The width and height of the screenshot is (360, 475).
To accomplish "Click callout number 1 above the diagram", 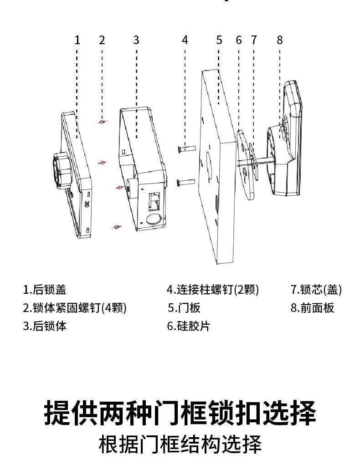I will (x=77, y=40).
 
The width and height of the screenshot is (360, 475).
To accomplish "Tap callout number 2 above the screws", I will (x=102, y=40).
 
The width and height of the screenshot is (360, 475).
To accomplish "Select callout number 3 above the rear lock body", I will (x=136, y=40).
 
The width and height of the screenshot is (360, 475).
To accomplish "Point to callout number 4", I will (x=185, y=40).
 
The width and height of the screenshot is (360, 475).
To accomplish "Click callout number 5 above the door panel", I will (x=219, y=40).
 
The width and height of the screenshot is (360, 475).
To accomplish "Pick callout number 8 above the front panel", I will (x=280, y=40).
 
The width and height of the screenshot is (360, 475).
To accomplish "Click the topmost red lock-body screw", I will (x=103, y=122).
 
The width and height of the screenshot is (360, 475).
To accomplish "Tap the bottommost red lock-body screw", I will (x=117, y=226).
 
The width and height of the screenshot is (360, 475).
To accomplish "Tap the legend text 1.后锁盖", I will (x=45, y=290).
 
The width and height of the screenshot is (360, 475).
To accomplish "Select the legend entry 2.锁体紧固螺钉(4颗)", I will (x=75, y=308).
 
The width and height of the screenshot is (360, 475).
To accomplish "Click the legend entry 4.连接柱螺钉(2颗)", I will (x=212, y=290).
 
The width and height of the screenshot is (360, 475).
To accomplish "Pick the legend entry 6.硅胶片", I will (x=189, y=326).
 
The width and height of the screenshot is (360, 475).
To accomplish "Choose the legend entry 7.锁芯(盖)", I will (x=316, y=290).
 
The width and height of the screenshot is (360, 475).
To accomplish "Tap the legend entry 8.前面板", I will (x=313, y=308).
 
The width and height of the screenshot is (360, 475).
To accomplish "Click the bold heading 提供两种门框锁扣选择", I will (x=180, y=413).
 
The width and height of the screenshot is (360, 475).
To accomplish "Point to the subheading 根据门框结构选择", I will (x=180, y=444).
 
